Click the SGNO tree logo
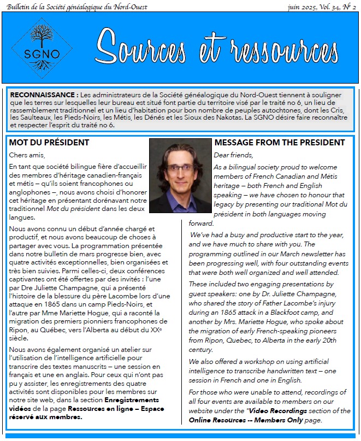point(42,48)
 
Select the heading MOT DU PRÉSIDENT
point(49,143)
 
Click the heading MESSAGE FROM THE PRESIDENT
point(280,143)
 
